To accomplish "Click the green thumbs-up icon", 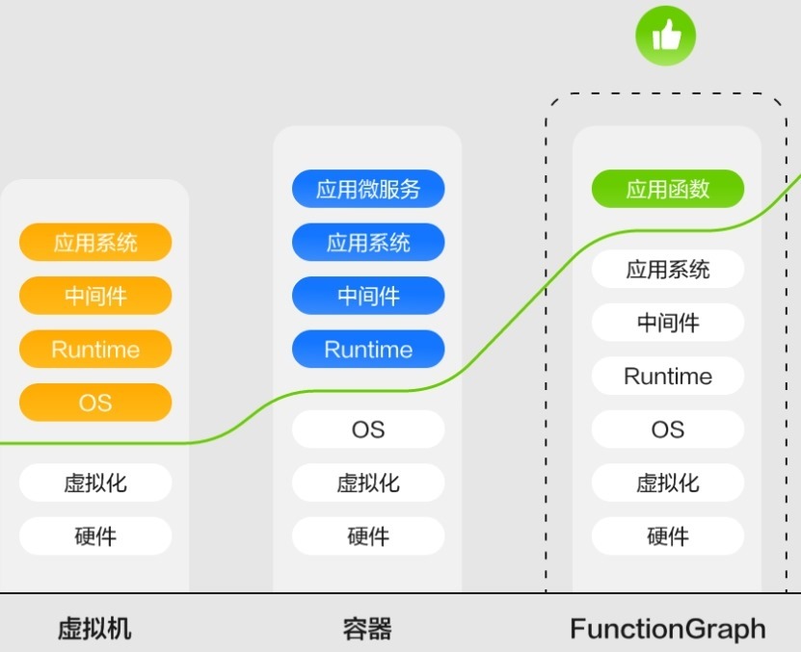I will (665, 38).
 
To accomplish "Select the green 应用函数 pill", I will (668, 189).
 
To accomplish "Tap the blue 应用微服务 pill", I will (368, 189).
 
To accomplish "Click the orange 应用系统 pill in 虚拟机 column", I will (95, 243).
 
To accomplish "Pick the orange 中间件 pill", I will (95, 296).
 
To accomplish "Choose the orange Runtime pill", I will (95, 350).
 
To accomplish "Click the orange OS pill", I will (95, 403).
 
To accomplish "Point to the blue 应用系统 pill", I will (368, 243).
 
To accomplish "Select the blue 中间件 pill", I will (368, 296).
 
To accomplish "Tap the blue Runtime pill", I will (368, 350).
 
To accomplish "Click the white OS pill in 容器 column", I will (368, 430).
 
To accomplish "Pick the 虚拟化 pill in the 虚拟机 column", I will (95, 482).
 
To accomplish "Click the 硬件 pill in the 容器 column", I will (368, 536).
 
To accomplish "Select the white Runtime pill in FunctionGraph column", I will (668, 376).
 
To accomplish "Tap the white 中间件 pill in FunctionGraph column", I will (668, 323).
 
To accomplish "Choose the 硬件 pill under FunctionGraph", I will (668, 536).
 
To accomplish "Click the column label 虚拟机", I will (94, 630).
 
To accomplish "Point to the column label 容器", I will (367, 630).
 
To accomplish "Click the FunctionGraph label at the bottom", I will (668, 630).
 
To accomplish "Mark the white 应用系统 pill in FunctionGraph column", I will (668, 270).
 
